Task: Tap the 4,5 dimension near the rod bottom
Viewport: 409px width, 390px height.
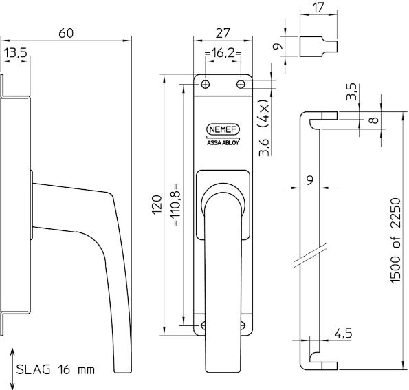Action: pos(344,334)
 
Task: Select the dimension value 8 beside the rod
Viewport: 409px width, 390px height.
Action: pos(373,120)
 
